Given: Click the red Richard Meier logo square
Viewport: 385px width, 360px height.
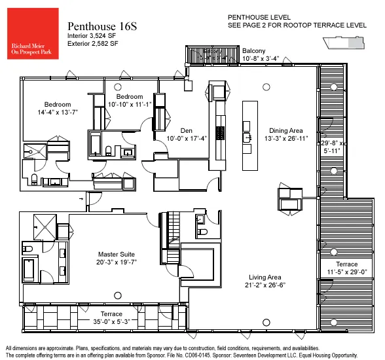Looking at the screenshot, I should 31,35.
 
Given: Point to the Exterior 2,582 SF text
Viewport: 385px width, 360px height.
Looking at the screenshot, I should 93,43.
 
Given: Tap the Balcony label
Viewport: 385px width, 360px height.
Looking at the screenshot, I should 253,50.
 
